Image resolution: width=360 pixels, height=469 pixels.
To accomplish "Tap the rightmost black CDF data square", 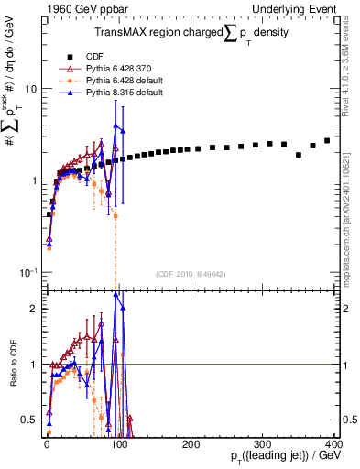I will pos(327,140).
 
